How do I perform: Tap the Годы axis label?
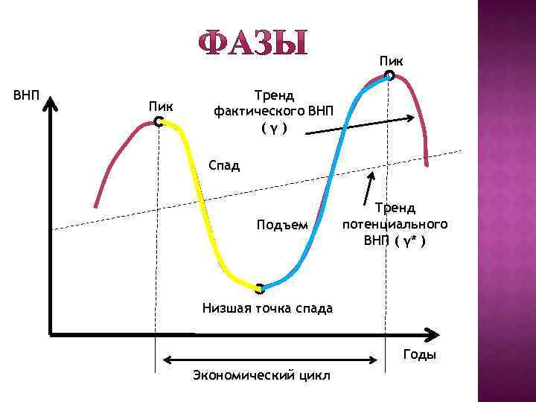pyautogui.click(x=420, y=354)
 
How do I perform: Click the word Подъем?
pyautogui.click(x=281, y=225)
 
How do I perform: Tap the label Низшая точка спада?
pyautogui.click(x=267, y=307)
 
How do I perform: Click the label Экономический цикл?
pyautogui.click(x=262, y=373)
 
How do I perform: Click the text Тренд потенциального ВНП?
pyautogui.click(x=395, y=224)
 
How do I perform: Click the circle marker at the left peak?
pyautogui.click(x=158, y=121)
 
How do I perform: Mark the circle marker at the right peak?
pyautogui.click(x=390, y=74)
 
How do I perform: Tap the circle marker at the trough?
pyautogui.click(x=259, y=288)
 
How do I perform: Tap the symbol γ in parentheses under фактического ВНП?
pyautogui.click(x=274, y=129)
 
